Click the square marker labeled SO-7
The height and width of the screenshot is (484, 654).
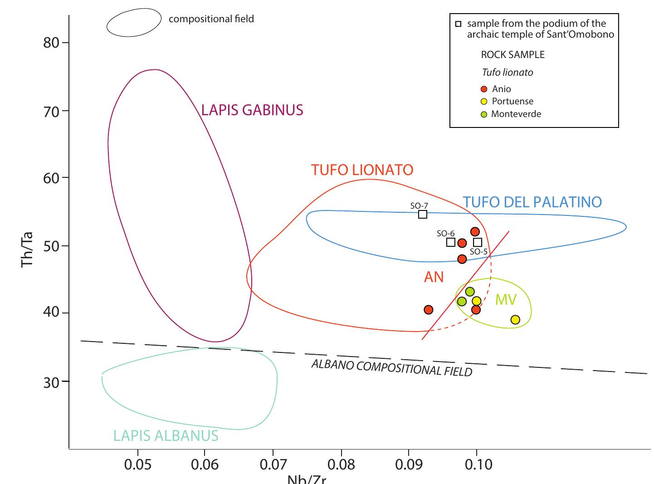coord(422,214)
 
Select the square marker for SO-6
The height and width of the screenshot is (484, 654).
coord(450,242)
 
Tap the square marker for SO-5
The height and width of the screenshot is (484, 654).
coord(478,243)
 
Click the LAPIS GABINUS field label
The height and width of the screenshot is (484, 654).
coord(252,110)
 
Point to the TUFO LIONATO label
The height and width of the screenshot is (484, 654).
coord(362,170)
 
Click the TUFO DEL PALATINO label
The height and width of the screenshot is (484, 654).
coord(532,202)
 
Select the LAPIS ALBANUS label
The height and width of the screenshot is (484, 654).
coord(166,436)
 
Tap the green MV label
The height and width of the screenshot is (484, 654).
coord(506,299)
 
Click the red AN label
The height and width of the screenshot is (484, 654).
coord(434,277)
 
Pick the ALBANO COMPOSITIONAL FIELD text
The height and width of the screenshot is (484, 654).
coord(392,368)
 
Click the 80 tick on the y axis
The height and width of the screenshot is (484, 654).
coord(51,43)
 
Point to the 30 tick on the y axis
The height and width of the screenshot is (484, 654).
coord(51,382)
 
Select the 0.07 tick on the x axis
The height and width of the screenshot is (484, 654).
coord(273,464)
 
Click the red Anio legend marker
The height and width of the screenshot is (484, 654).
coord(484,89)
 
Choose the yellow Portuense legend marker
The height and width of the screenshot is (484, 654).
coord(484,102)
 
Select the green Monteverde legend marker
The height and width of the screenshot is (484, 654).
coord(484,114)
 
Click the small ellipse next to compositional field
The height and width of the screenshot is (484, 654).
coord(134,22)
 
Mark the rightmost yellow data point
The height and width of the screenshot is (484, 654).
coord(515,320)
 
